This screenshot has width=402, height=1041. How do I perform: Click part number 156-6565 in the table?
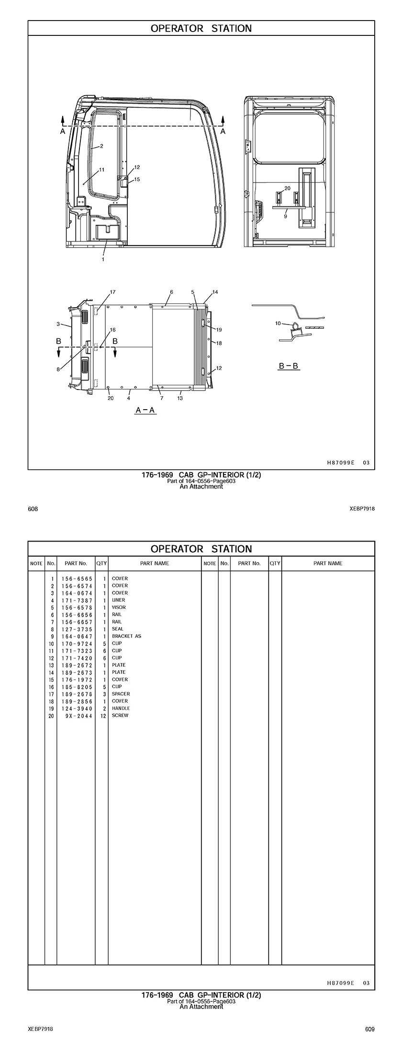[77, 578]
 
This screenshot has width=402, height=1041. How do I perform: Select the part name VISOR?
[119, 607]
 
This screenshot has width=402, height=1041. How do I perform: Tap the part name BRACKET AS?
[126, 636]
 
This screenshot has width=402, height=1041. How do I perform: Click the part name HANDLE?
[121, 708]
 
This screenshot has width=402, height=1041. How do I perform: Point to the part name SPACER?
[121, 694]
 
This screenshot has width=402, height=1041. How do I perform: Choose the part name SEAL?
[117, 629]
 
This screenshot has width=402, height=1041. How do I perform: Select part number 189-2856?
[77, 701]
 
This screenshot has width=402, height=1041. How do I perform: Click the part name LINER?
[118, 600]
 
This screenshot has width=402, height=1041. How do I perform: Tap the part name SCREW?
[120, 716]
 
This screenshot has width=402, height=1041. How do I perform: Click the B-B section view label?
[289, 366]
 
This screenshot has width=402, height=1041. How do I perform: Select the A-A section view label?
[146, 410]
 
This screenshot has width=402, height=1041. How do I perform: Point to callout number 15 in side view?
[137, 179]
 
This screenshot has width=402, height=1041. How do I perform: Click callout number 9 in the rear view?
[285, 216]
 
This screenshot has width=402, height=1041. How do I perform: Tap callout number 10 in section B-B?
[278, 324]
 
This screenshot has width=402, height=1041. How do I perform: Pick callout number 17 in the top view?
[113, 292]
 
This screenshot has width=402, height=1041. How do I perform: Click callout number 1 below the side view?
[103, 260]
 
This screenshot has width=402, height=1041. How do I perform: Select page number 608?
[33, 509]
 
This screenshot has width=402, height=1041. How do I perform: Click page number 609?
[369, 1029]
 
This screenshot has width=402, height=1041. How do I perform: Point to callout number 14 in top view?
[215, 292]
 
